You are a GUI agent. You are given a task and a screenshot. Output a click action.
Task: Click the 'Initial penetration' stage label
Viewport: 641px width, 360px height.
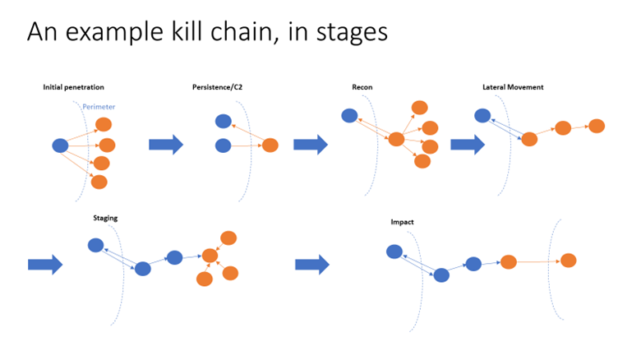(74, 87)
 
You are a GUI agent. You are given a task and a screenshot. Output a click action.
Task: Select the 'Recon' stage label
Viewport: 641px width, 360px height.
(363, 87)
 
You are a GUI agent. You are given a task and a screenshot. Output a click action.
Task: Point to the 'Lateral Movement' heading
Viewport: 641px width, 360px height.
(514, 87)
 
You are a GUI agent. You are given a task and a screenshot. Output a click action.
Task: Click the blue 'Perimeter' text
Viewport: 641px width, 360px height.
(99, 106)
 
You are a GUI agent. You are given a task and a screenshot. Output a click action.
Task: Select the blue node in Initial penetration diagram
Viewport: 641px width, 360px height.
(60, 145)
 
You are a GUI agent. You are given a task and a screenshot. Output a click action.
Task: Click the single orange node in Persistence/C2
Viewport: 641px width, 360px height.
(270, 145)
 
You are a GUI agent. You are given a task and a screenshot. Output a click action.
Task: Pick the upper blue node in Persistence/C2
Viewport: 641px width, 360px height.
(223, 121)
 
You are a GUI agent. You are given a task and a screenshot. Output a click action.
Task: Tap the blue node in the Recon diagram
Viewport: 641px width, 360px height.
(349, 116)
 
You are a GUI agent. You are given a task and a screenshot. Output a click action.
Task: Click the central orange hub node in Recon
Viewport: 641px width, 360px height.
(396, 139)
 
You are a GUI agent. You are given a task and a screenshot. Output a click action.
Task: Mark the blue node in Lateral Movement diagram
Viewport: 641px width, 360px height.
(482, 116)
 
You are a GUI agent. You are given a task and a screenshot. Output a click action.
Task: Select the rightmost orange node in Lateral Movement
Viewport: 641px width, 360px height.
(597, 126)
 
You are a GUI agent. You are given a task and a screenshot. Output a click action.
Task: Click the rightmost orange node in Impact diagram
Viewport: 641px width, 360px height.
(568, 261)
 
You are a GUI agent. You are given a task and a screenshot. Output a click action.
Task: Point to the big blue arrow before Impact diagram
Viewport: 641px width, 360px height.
(311, 264)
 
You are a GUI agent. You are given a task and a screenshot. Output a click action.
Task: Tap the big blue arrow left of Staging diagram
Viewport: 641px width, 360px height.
(45, 264)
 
